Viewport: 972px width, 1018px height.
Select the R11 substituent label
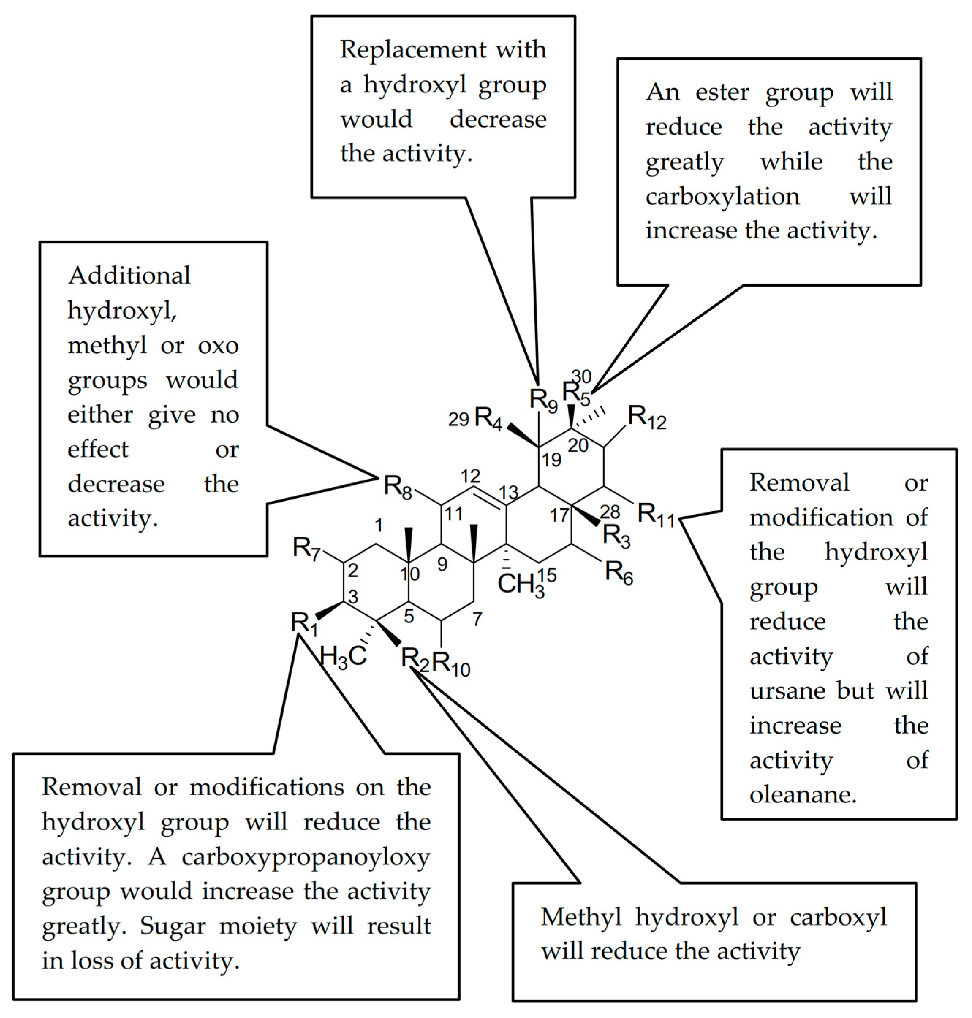point(655,515)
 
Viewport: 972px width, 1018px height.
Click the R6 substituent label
point(619,573)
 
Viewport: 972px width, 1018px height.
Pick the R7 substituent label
point(306,549)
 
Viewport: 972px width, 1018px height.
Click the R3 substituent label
point(616,536)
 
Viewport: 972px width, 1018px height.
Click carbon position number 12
point(470,476)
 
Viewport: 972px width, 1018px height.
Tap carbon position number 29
point(458,419)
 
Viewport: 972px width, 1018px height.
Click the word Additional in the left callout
point(129,276)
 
